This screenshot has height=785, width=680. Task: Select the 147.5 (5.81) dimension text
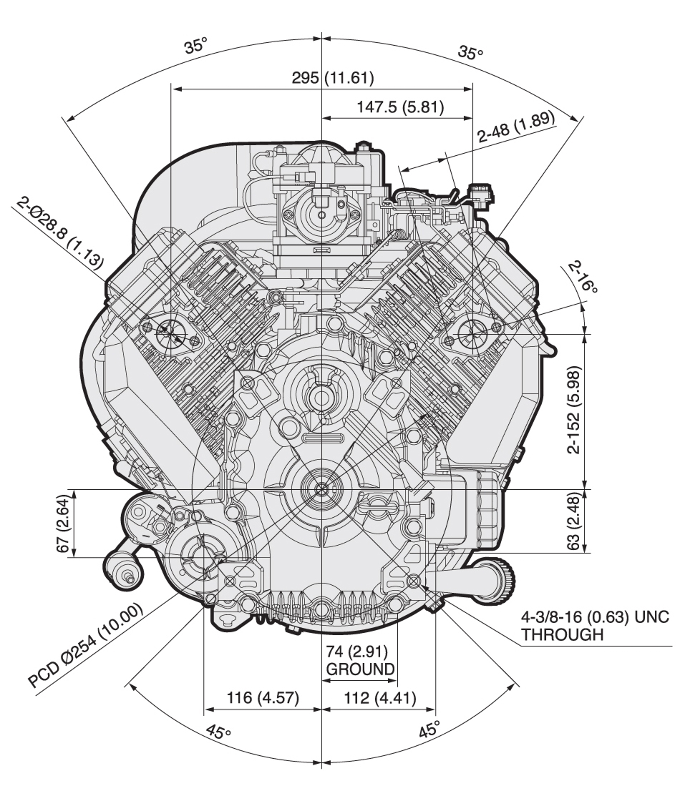400,107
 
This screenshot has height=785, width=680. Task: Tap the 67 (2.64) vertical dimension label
63,525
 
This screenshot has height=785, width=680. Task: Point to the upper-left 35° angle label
196,45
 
